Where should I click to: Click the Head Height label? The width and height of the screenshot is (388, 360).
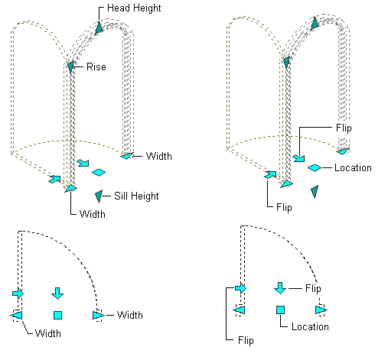134,8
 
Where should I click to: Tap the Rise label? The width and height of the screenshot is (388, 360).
96,66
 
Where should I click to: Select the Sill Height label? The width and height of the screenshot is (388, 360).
136,196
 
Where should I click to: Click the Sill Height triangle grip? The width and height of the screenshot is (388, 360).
99,196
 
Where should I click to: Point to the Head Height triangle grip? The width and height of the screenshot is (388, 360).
99,28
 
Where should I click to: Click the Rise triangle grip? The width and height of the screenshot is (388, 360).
71,66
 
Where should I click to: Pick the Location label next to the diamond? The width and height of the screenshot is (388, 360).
353,168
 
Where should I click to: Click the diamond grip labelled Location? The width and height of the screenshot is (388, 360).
315,167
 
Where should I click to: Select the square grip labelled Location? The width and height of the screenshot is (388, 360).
280,310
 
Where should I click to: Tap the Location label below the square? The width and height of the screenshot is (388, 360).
310,326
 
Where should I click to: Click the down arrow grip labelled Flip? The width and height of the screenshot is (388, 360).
280,288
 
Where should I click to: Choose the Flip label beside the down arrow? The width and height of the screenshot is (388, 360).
313,289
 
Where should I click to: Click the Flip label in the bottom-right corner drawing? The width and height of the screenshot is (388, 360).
246,340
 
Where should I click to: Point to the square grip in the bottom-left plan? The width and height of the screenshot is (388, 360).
58,315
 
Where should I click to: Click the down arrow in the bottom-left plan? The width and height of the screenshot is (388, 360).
57,294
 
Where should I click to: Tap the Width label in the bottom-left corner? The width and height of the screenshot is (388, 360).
48,333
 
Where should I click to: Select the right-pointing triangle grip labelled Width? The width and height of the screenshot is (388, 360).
99,316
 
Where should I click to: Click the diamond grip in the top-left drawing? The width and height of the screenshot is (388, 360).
99,173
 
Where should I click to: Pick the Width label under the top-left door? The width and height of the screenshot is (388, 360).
93,214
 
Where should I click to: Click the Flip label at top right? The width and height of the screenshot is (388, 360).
344,128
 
